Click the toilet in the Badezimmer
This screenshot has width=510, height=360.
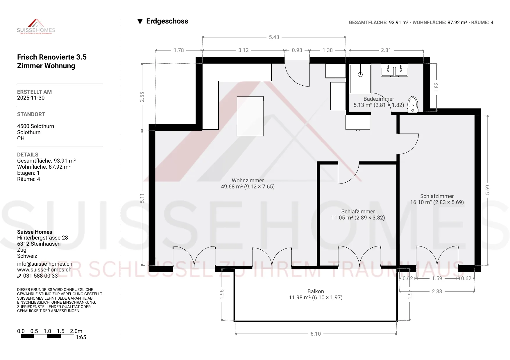[x=413, y=105]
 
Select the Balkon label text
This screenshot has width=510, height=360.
[x=316, y=291]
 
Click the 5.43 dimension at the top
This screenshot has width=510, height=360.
[x=274, y=37]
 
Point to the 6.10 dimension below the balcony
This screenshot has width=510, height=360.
[x=316, y=334]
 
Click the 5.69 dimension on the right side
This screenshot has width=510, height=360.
[x=488, y=190]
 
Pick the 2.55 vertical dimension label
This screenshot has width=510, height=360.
[x=142, y=97]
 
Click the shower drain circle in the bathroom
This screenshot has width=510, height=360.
[x=360, y=75]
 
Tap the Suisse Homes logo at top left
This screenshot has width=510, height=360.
[x=36, y=27]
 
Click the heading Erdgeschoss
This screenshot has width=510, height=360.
[x=167, y=21]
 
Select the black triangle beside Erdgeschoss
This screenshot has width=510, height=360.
[x=140, y=21]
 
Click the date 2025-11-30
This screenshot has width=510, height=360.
[x=31, y=98]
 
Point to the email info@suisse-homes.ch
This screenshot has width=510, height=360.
[x=45, y=264]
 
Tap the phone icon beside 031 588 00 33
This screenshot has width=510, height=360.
[x=19, y=276]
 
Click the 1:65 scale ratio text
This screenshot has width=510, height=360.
[x=81, y=337]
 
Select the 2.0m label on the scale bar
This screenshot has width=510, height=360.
[x=76, y=331]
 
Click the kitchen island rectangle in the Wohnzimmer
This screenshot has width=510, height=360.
[x=250, y=116]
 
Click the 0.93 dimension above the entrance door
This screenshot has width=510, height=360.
[x=297, y=50]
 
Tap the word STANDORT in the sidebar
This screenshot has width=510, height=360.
[x=31, y=114]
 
